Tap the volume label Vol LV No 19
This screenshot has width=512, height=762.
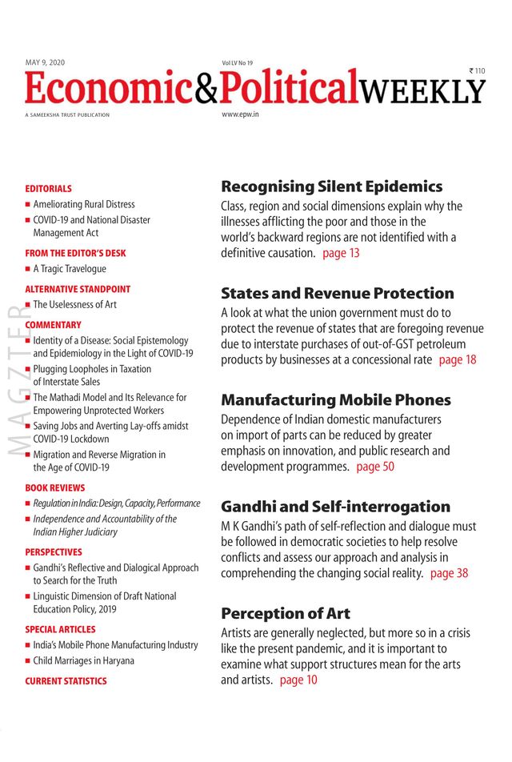coord(238,62)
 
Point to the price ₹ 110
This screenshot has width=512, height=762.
coord(478,71)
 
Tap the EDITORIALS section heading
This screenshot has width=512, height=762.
coord(48,189)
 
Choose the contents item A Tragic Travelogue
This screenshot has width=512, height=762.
coord(70,269)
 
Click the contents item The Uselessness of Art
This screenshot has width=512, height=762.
coord(75,305)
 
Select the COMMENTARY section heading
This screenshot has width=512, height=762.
coord(54,325)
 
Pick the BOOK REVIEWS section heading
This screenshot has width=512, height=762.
coord(54,487)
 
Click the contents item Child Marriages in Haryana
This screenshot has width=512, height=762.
coord(83,661)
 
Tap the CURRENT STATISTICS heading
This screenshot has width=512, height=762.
coord(66,681)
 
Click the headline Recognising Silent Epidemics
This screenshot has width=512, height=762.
coord(331,186)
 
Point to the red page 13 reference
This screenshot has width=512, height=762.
coord(342,253)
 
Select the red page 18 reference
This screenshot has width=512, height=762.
coord(458,359)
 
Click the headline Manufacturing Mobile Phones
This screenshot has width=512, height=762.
coord(336,400)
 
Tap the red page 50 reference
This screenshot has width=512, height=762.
coord(375,467)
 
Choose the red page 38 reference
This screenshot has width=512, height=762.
coord(449,573)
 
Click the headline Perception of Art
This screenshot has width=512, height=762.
coord(286,614)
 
